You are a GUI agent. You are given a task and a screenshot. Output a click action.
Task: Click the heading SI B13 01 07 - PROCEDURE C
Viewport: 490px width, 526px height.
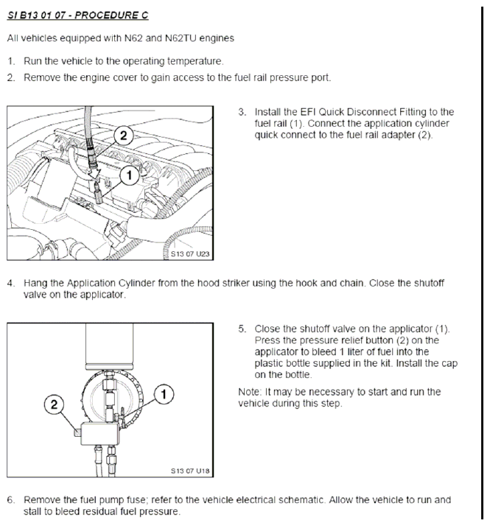(77, 15)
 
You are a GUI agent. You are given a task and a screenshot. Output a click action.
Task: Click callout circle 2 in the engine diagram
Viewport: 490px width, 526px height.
(124, 136)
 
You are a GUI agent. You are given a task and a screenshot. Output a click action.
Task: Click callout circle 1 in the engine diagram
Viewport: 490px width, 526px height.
(130, 175)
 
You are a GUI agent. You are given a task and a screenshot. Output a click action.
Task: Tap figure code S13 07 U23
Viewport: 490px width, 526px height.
(190, 254)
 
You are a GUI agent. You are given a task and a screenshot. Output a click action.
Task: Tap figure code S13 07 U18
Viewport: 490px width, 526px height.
(190, 471)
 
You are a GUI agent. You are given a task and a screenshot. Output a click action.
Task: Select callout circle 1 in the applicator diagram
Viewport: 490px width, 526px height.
(164, 394)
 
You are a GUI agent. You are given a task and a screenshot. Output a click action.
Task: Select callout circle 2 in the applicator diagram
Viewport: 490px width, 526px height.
(54, 404)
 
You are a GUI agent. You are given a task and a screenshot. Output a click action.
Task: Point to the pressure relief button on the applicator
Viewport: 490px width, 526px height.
(77, 432)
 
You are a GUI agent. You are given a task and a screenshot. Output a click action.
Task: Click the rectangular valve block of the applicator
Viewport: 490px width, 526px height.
(100, 433)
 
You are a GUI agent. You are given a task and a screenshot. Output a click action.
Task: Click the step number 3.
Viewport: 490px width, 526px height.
(242, 112)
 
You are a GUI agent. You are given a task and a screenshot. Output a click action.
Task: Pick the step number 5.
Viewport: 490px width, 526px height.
(242, 329)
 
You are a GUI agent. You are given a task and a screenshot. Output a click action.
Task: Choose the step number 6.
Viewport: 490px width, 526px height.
(11, 499)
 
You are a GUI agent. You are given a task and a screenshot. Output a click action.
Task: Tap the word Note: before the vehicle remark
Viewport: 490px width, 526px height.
(250, 392)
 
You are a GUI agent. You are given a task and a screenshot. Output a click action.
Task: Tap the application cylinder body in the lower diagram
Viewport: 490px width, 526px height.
(109, 344)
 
